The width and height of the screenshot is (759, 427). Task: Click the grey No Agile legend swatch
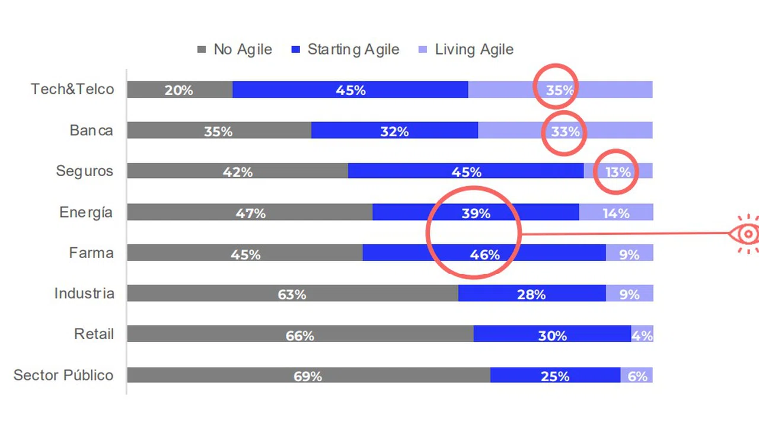[202, 50]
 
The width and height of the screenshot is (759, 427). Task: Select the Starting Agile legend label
[353, 50]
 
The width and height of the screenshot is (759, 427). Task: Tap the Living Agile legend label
[474, 50]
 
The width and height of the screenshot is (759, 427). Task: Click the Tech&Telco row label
[72, 90]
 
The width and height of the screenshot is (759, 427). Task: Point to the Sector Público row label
[63, 375]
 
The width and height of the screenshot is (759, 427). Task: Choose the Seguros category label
[84, 171]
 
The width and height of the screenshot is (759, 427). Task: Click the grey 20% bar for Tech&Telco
[179, 90]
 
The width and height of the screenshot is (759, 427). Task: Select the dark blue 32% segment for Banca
[394, 131]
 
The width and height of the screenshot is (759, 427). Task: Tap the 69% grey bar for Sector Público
[308, 376]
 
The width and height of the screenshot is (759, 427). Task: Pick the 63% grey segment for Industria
[292, 294]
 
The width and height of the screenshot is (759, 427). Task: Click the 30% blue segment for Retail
[552, 335]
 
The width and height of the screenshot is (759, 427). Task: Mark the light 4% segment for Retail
[642, 335]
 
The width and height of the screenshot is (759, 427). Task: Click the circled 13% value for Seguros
[618, 172]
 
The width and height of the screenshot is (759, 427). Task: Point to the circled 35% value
[559, 90]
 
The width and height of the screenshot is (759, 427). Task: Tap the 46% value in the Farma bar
[484, 254]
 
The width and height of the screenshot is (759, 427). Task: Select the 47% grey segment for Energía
[250, 213]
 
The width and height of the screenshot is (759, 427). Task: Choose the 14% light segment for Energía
[616, 213]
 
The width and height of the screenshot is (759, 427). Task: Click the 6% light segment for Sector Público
[637, 376]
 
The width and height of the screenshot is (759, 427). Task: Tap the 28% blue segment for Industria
[531, 294]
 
